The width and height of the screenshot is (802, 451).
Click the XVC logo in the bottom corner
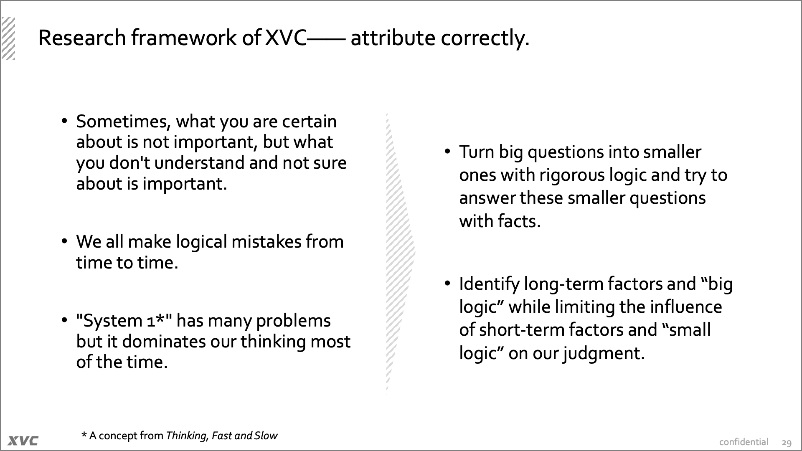click(x=23, y=441)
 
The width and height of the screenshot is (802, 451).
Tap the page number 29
click(x=787, y=442)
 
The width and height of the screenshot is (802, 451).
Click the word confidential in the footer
click(x=744, y=442)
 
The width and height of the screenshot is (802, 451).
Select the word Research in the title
click(x=82, y=38)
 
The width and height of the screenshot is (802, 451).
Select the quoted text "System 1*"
click(x=124, y=321)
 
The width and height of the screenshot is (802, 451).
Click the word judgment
click(x=604, y=354)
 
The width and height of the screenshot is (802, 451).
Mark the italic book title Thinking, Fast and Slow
click(x=221, y=436)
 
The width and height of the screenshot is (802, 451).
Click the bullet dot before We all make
click(x=64, y=241)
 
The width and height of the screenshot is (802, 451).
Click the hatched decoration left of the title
click(x=8, y=38)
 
